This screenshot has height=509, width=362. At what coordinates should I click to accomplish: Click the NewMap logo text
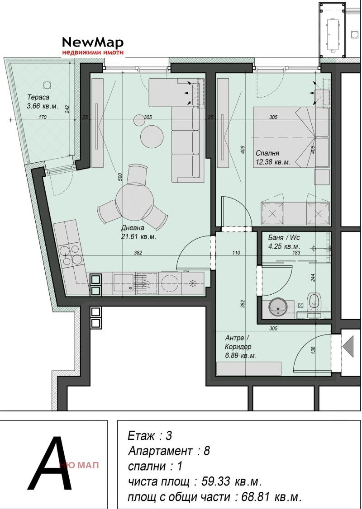[93, 42]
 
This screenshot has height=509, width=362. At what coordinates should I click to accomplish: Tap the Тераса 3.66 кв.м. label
[43, 101]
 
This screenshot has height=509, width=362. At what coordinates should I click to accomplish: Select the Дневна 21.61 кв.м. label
[139, 232]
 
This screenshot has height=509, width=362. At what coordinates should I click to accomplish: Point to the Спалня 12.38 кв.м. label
[273, 157]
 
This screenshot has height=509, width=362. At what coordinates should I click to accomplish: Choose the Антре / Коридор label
[241, 347]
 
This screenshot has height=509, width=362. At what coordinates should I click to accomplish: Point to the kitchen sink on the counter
[124, 283]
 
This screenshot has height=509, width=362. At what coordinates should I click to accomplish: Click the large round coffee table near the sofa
[152, 137]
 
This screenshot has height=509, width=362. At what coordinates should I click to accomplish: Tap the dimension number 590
[119, 177]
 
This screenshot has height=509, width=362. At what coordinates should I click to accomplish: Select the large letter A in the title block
[49, 463]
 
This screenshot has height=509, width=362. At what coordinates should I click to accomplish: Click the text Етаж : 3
[150, 436]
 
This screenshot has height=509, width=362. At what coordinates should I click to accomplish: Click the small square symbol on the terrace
[47, 85]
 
